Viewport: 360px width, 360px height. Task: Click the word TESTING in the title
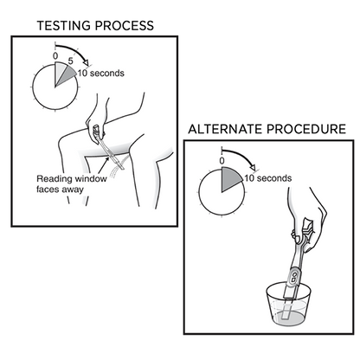(64, 26)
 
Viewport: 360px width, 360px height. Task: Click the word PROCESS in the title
(125, 26)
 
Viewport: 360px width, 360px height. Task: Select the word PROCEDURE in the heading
(306, 129)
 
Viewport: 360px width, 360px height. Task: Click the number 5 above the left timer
(70, 61)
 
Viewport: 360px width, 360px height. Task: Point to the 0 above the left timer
(55, 56)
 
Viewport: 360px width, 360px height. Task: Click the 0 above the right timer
(222, 161)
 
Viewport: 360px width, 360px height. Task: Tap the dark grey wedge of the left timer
(66, 75)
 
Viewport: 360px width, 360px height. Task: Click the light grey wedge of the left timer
(60, 71)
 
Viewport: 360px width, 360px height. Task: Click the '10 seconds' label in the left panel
(100, 74)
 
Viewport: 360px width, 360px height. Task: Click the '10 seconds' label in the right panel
(268, 178)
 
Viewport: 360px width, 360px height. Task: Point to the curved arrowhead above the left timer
(86, 62)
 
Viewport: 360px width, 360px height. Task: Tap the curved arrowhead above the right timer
(253, 167)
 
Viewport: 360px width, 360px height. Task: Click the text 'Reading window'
(72, 179)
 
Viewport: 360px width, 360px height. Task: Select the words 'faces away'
(60, 190)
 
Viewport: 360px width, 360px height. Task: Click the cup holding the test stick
(288, 305)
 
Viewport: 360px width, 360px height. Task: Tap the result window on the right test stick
(294, 277)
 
